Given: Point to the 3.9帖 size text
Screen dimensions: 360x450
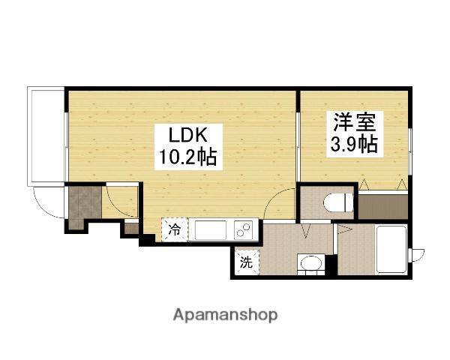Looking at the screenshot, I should coord(353,145).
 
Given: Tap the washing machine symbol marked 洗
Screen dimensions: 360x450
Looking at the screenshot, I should coord(246,262).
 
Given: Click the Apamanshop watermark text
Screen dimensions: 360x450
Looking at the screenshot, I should coord(226,314).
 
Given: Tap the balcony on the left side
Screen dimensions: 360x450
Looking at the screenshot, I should coord(46,136).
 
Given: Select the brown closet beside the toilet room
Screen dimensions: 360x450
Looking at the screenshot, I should coord(382,205).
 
